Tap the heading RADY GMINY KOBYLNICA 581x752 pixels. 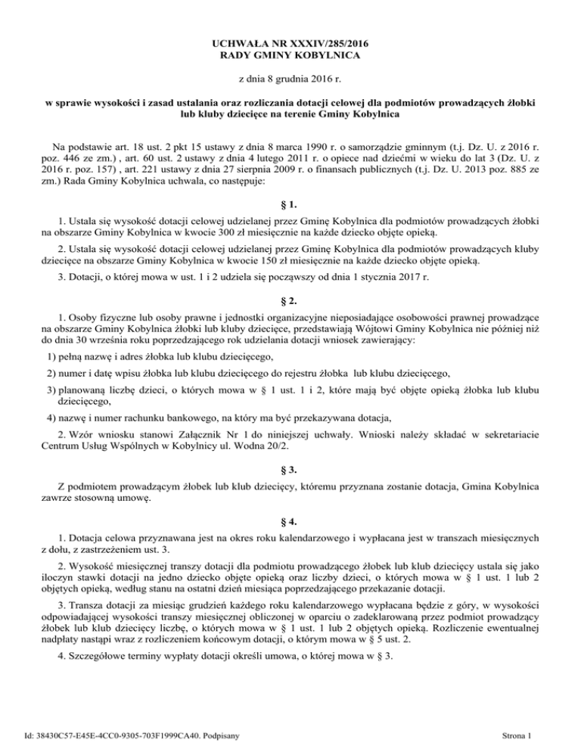click(290, 55)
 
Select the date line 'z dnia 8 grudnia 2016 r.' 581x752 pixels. click(290, 79)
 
